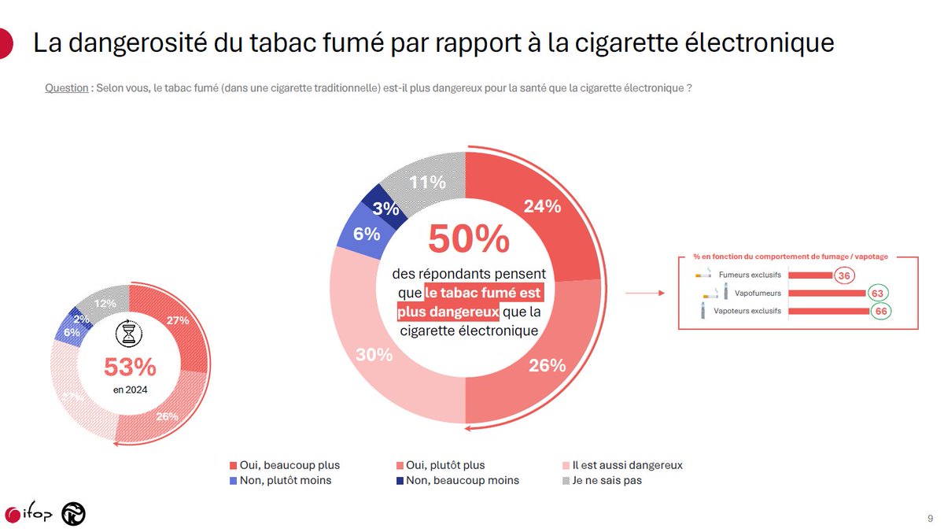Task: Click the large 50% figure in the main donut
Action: coord(469,240)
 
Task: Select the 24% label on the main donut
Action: coord(542,206)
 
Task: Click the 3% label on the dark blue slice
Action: coord(385,209)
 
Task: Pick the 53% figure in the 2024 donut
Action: coord(130,367)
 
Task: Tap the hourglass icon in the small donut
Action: coord(128,334)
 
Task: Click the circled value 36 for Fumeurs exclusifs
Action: coord(845,275)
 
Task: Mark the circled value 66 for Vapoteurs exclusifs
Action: coord(881,312)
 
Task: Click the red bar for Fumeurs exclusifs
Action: coord(810,275)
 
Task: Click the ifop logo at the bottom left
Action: coord(29,515)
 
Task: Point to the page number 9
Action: coord(931,519)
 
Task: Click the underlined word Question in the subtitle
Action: coord(67,88)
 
